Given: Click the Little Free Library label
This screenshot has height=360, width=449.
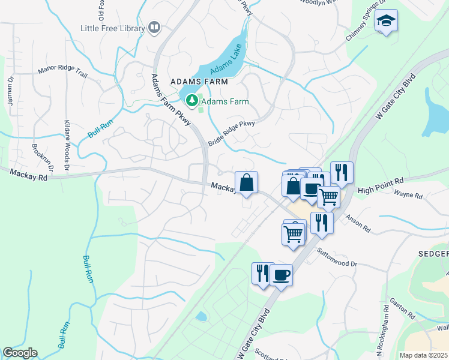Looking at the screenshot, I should coord(113,29).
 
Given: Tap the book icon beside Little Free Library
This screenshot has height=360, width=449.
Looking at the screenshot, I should coord(155,28).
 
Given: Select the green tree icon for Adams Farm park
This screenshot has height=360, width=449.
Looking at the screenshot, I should coord(192,101).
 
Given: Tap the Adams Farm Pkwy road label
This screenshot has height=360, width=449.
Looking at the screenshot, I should coord(170,100).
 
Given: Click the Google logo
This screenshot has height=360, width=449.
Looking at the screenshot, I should coord(20,353).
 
